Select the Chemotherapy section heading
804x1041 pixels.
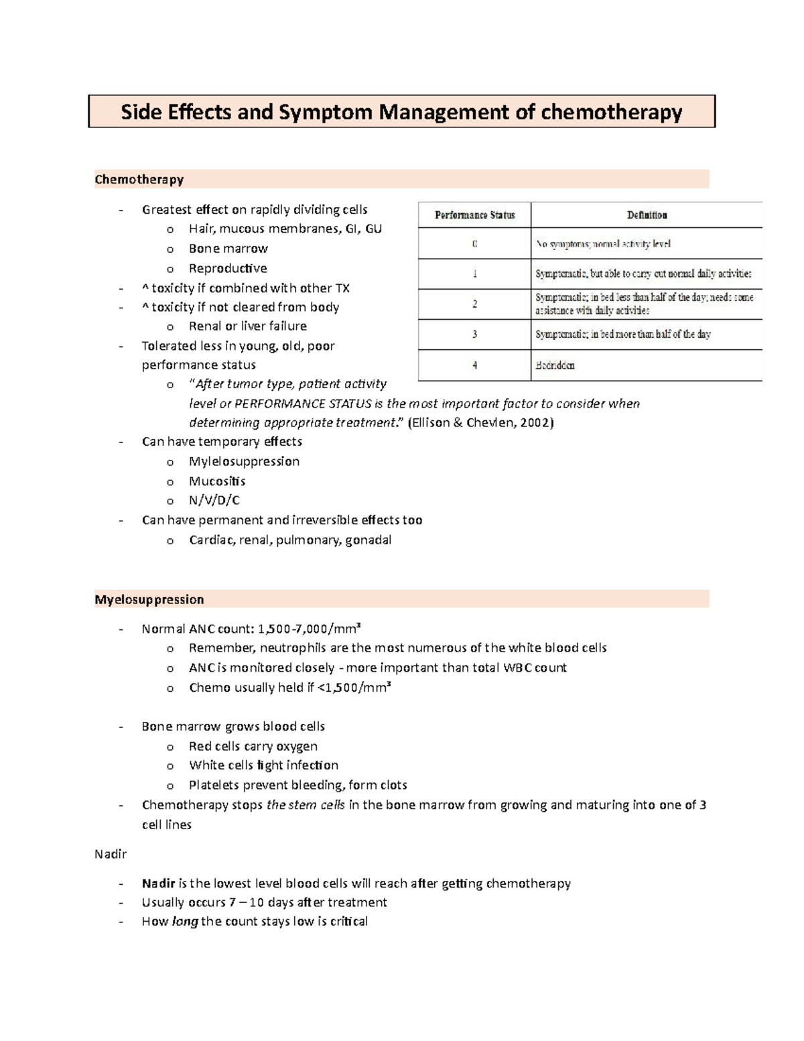coord(139,179)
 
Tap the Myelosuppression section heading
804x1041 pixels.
coord(149,599)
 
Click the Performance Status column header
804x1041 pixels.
coord(474,215)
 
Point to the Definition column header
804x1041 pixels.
coord(647,215)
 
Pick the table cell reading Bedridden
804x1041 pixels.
coord(555,365)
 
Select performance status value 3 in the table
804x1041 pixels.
coord(474,334)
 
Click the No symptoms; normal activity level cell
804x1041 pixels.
coord(602,244)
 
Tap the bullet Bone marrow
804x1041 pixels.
coord(228,249)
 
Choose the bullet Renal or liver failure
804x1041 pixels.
coord(247,326)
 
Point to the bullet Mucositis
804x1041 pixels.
coord(217,481)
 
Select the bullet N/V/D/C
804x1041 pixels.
coord(214,501)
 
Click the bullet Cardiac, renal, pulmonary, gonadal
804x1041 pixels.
coord(289,540)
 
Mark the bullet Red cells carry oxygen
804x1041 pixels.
coord(253,746)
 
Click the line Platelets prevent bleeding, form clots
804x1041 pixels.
coord(297,785)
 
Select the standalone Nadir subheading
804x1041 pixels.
coord(111,855)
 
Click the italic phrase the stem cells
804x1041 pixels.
coord(306,805)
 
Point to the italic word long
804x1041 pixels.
coord(185,922)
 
